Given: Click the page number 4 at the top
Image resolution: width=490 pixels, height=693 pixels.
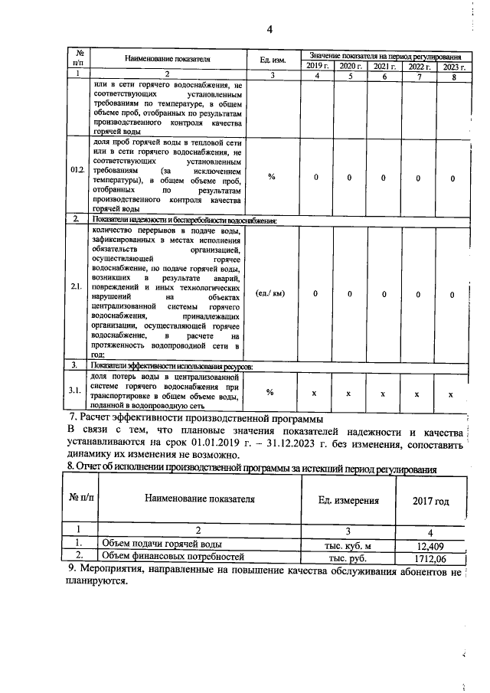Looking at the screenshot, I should (x=269, y=30).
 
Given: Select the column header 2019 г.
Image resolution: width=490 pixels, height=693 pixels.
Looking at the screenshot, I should (x=311, y=67).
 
